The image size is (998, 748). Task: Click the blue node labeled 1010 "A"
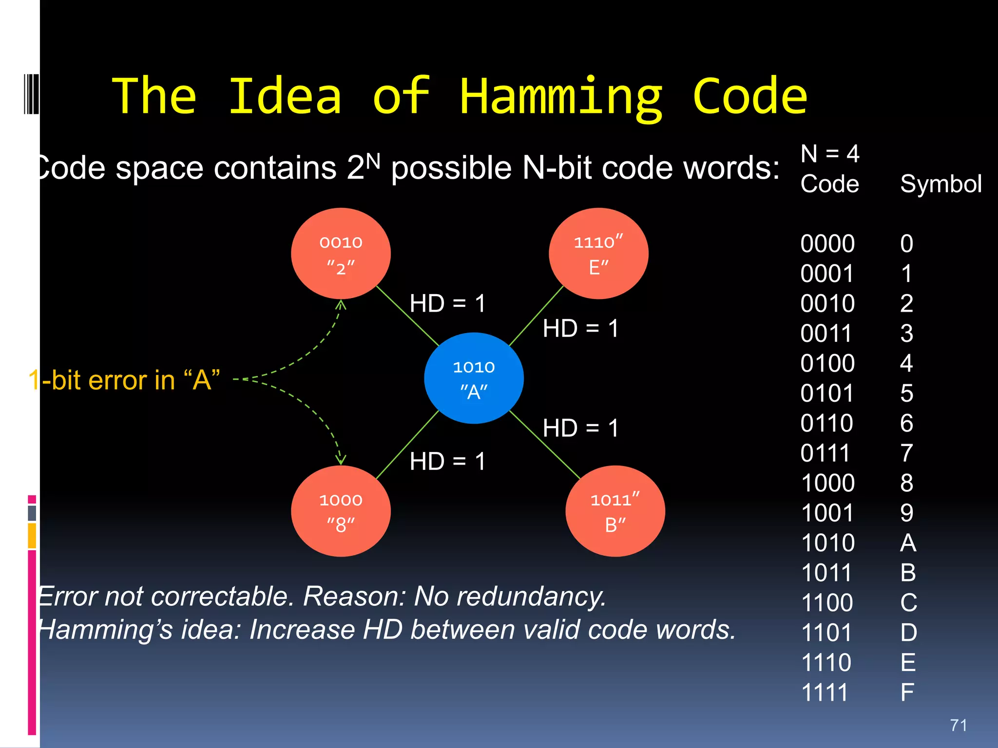(474, 378)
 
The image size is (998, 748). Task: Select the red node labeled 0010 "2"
(341, 254)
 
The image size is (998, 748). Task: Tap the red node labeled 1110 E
(598, 254)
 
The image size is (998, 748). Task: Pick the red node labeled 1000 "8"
(341, 511)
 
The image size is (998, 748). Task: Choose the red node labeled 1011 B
(615, 511)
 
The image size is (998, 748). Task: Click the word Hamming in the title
(560, 97)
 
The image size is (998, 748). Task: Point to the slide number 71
(959, 725)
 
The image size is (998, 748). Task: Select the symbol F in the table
(907, 692)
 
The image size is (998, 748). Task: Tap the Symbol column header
(940, 184)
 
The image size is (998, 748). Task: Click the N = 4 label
(830, 154)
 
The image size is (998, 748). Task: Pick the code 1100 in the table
(827, 602)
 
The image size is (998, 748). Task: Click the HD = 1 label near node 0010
(447, 303)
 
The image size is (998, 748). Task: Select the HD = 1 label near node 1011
(580, 428)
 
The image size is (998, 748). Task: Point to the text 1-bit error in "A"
(125, 380)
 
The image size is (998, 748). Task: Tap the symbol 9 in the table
(906, 513)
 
